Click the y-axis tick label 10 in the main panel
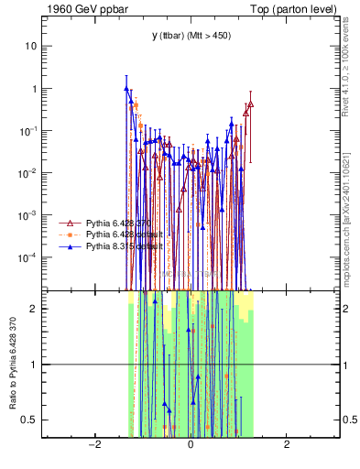[x=33, y=46]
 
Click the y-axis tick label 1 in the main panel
[x=36, y=89]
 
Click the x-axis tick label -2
[x=93, y=446]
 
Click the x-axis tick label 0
[x=191, y=446]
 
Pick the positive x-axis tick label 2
[x=287, y=446]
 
